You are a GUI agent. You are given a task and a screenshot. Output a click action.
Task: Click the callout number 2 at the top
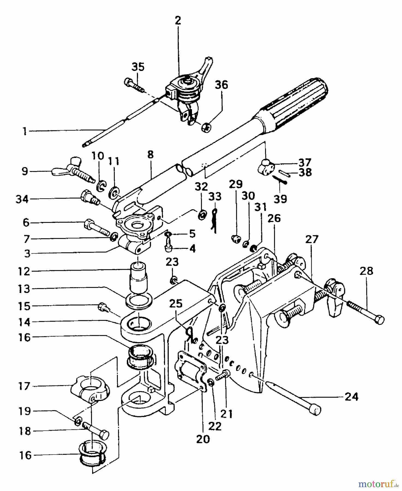[178, 21]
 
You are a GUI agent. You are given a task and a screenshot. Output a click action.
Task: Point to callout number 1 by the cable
[25, 131]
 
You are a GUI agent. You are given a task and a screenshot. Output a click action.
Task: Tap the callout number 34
[22, 199]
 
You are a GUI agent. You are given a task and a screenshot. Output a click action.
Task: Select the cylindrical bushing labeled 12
[139, 277]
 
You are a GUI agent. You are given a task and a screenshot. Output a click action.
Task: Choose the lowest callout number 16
[25, 456]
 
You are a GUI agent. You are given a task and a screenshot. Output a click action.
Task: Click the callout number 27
[311, 239]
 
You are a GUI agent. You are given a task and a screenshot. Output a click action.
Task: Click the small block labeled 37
[265, 166]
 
